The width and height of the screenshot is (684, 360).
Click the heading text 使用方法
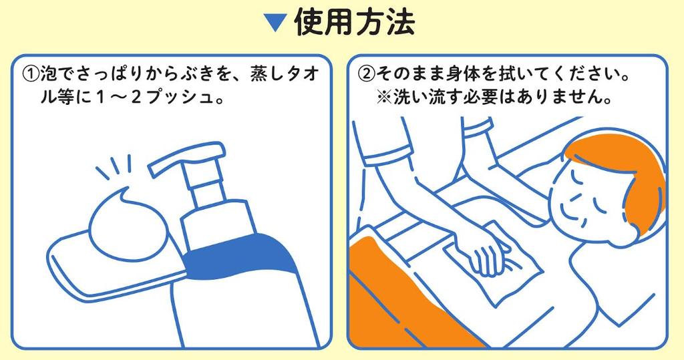point(354,22)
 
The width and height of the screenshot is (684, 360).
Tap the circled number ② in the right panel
point(366,74)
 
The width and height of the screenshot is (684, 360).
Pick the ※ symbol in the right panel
point(384,97)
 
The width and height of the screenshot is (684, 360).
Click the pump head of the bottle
point(187,159)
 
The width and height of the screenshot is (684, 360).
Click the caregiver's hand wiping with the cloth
point(491,258)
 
